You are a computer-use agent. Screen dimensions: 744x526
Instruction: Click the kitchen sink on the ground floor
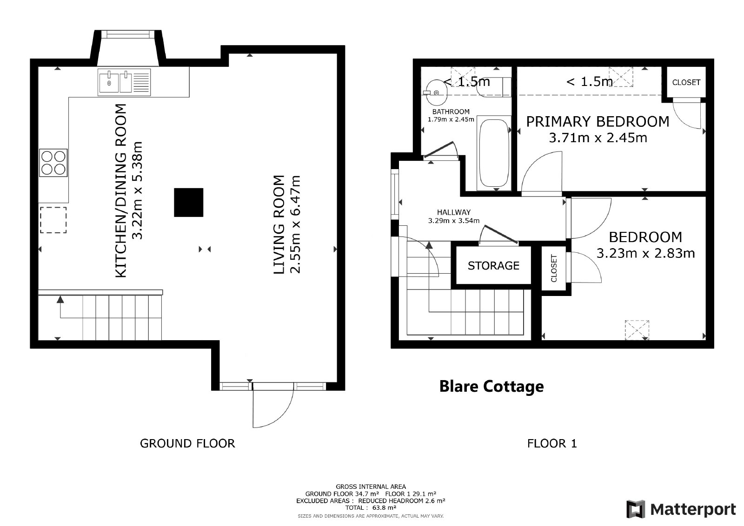124,82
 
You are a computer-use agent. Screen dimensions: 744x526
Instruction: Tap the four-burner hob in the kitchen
53,162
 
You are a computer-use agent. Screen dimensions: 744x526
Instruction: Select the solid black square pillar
189,203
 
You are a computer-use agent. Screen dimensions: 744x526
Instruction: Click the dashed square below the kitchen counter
53,220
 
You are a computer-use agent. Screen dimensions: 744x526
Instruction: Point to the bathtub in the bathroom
494,153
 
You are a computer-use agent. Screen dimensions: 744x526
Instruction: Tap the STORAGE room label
493,265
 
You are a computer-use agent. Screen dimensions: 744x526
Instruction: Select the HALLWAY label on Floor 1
454,212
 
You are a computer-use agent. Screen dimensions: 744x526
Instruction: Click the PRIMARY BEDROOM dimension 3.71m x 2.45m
598,138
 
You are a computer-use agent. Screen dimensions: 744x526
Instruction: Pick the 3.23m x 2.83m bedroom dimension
646,253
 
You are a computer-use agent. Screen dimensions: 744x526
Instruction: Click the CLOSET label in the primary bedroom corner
686,82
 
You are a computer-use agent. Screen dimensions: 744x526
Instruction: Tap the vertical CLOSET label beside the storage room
554,268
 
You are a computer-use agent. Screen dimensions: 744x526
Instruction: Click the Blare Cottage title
492,386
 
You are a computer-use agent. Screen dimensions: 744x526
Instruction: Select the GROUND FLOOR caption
187,443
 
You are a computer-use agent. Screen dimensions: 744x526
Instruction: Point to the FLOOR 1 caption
552,443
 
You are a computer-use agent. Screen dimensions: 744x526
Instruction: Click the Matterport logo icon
636,509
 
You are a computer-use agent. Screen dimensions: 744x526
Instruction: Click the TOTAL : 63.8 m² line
371,507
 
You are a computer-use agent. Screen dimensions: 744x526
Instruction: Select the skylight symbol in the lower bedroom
637,330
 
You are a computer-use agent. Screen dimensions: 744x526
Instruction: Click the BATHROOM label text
451,112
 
